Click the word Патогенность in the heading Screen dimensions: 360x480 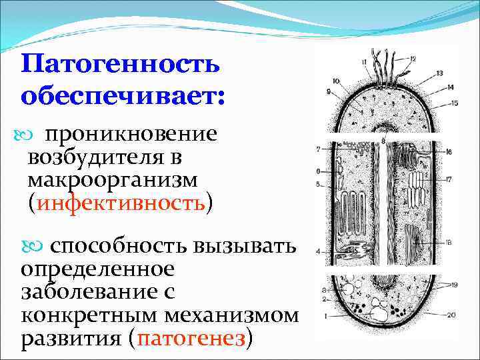pyautogui.click(x=120, y=65)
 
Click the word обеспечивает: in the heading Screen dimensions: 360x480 pyautogui.click(x=123, y=95)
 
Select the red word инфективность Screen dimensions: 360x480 pyautogui.click(x=121, y=202)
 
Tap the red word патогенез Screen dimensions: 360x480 pyautogui.click(x=193, y=339)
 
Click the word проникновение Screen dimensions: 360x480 pyautogui.click(x=130, y=133)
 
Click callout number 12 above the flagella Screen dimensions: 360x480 pyautogui.click(x=413, y=59)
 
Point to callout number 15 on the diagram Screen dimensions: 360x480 pyautogui.click(x=454, y=103)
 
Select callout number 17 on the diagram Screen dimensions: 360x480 pyautogui.click(x=449, y=179)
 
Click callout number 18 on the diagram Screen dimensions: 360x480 pyautogui.click(x=450, y=242)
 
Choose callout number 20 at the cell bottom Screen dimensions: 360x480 pyautogui.click(x=451, y=315)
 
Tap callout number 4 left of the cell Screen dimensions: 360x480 pyautogui.click(x=319, y=251)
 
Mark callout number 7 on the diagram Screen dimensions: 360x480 pyautogui.click(x=319, y=149)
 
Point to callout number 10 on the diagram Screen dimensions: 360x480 pyautogui.click(x=335, y=81)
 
